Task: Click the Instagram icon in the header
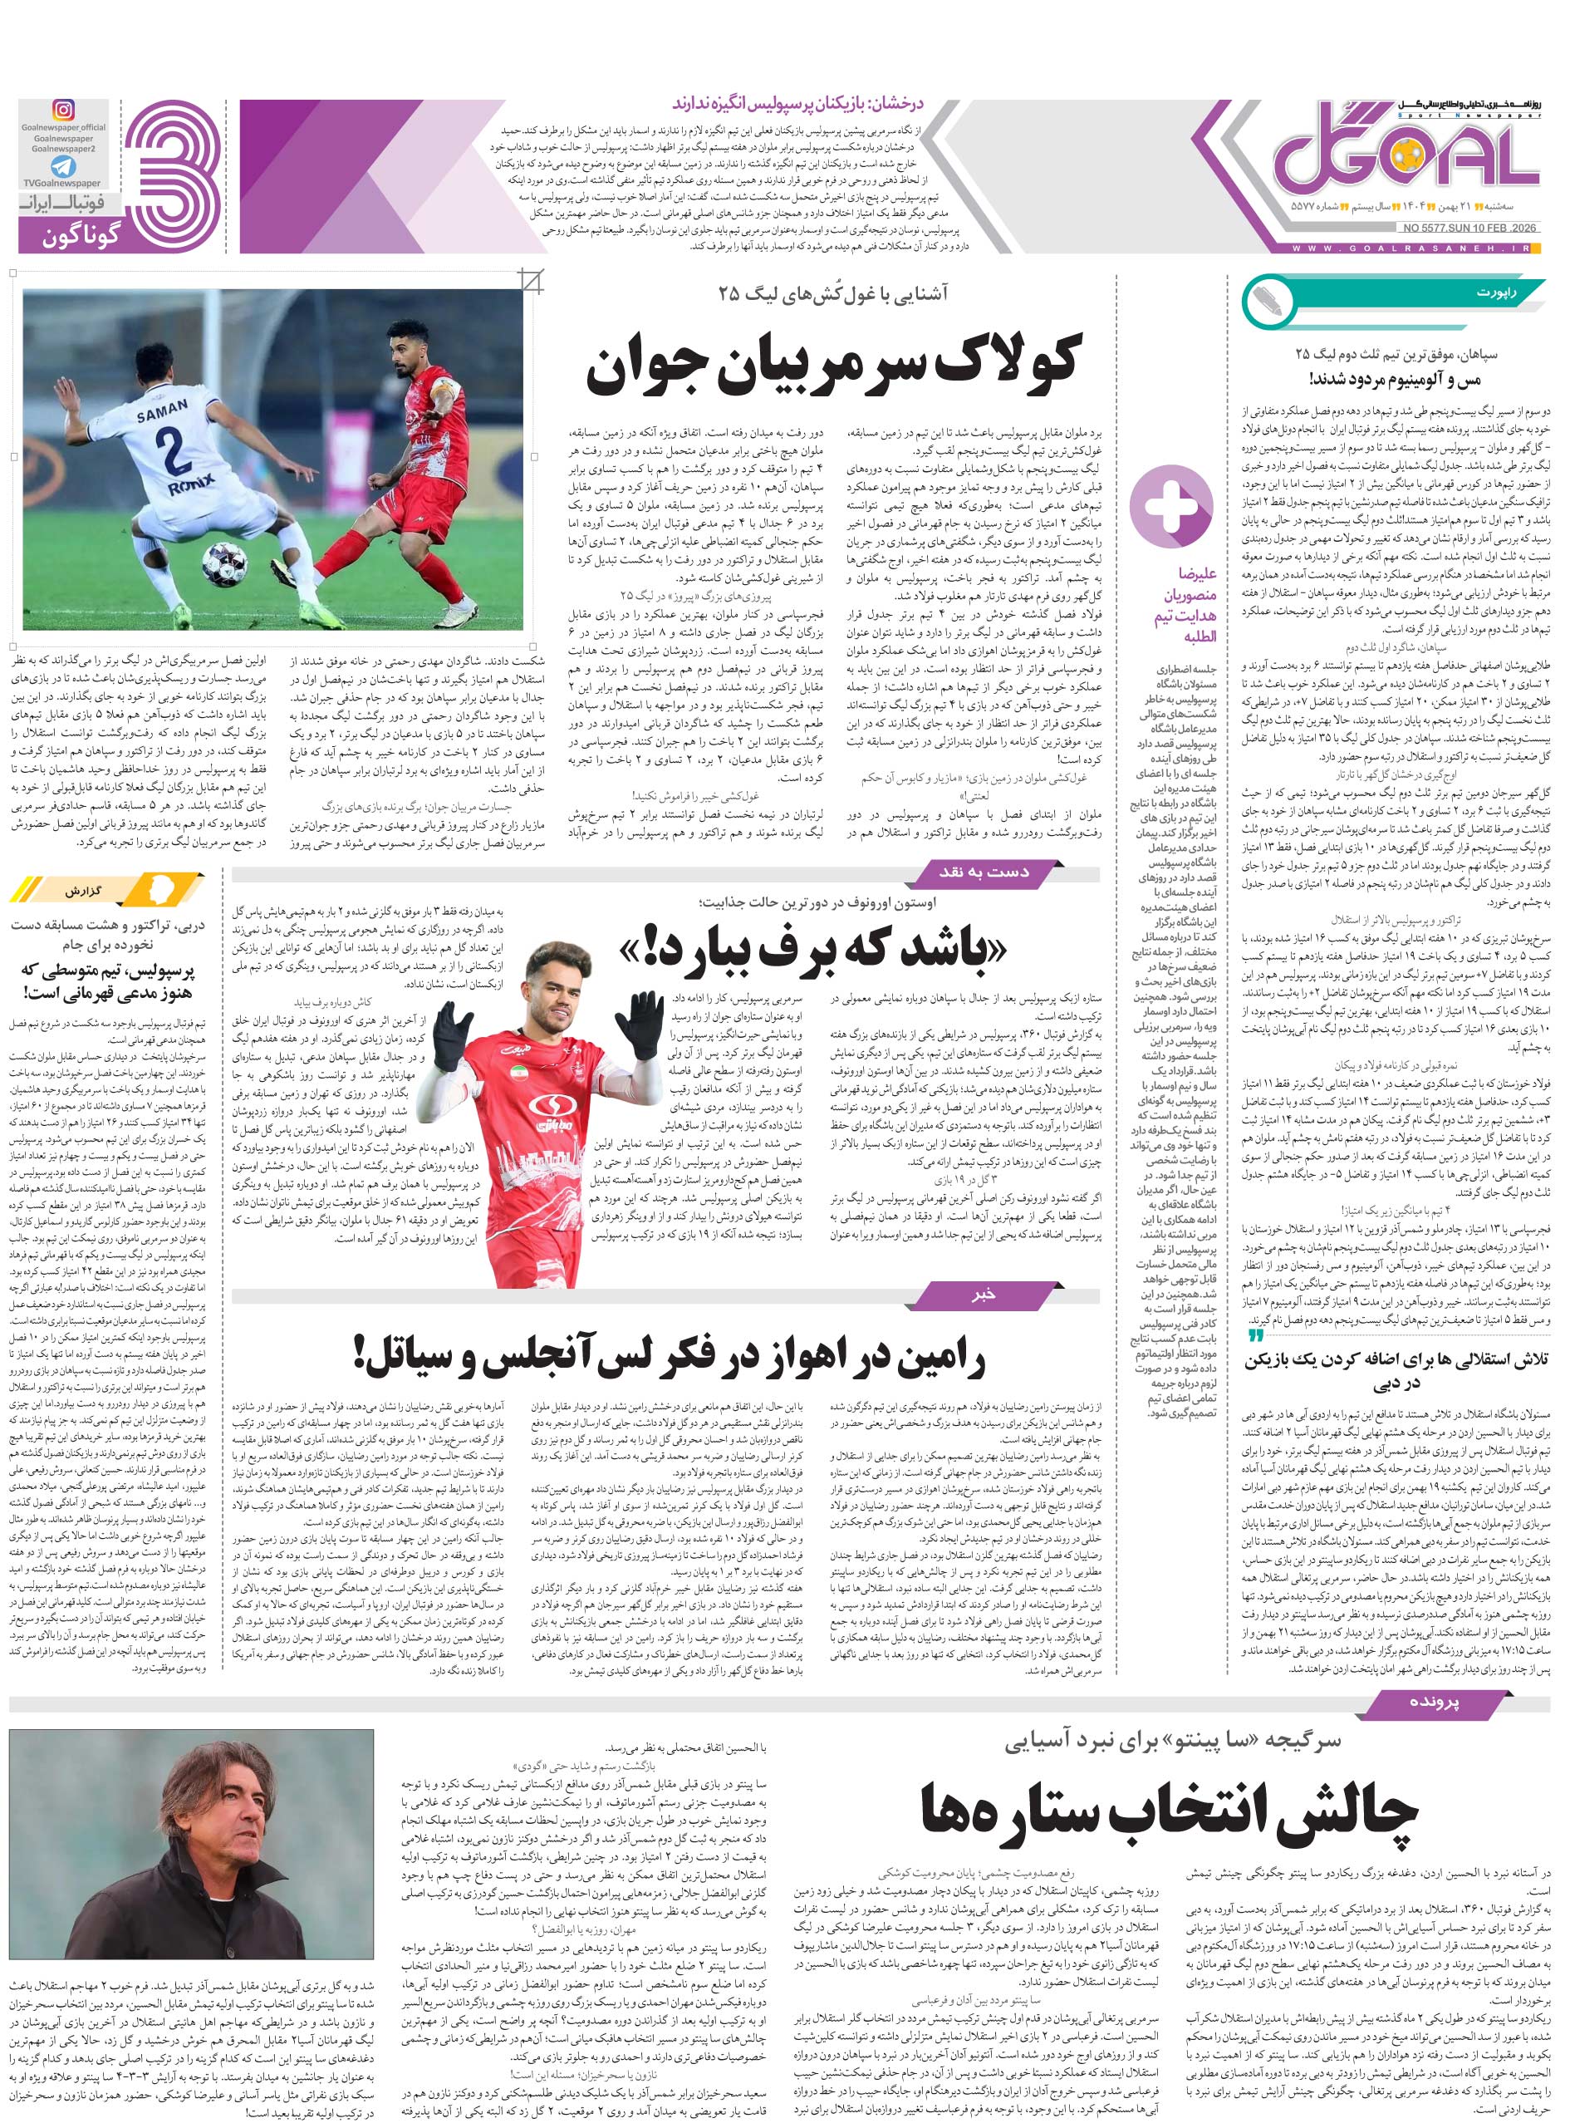click(x=64, y=111)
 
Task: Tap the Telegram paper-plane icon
click(x=64, y=165)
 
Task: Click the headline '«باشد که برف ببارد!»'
click(x=812, y=951)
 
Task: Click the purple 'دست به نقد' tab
click(x=984, y=872)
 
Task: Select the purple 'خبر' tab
click(x=983, y=1295)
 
